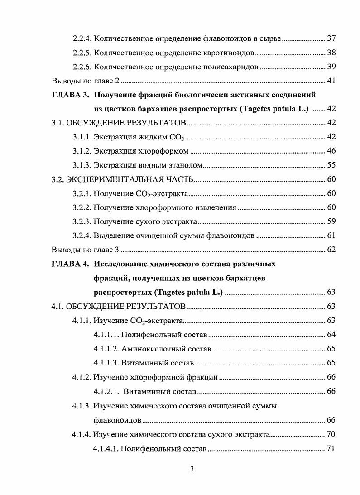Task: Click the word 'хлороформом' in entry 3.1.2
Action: (x=167, y=151)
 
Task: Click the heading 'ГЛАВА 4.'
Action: (x=70, y=264)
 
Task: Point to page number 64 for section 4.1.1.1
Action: (x=331, y=335)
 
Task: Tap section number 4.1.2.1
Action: (x=106, y=391)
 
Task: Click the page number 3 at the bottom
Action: (x=192, y=469)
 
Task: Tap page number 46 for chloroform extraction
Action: (x=331, y=151)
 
